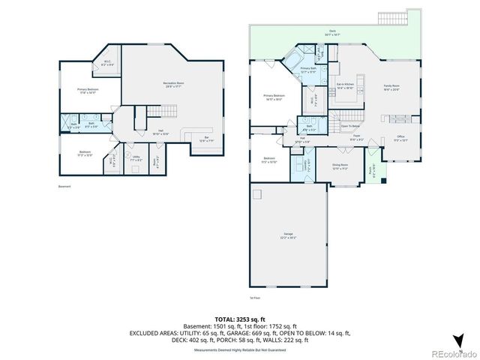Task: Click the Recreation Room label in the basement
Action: pos(174,84)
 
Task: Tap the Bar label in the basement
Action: pos(206,139)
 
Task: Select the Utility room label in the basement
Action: pos(136,158)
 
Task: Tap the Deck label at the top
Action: pos(331,33)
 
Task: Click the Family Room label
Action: pos(391,87)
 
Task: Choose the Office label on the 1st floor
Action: pos(400,139)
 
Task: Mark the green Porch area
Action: pos(373,169)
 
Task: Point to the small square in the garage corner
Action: pos(256,193)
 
